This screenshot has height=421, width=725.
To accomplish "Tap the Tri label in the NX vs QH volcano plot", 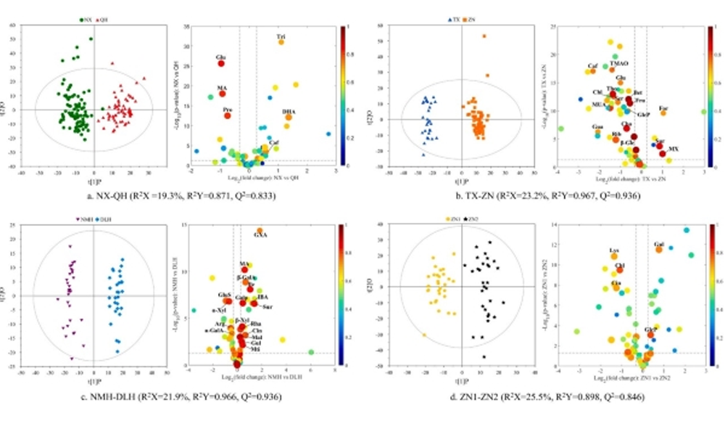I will pos(281,36).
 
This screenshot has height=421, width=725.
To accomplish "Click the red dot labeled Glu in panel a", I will pos(221,64).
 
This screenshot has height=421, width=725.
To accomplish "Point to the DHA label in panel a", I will pos(288,110).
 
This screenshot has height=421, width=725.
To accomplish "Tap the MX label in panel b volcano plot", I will pos(674,148).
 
